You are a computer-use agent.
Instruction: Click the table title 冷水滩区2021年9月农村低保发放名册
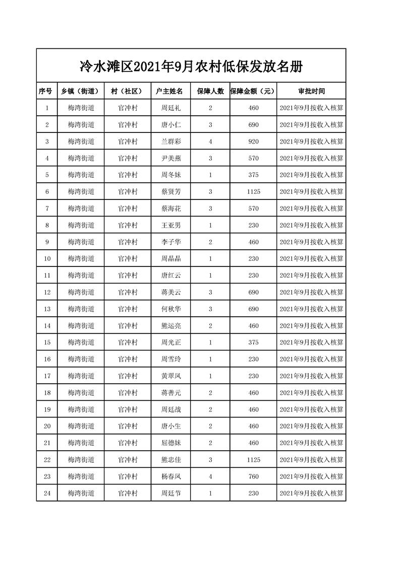tap(191, 65)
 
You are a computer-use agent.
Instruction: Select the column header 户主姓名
tap(170, 91)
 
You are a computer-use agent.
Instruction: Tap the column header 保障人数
tap(210, 91)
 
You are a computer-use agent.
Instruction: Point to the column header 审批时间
tap(311, 91)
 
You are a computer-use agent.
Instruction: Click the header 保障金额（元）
tap(253, 91)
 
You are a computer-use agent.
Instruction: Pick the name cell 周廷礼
tap(170, 108)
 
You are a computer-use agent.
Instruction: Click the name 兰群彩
tap(170, 142)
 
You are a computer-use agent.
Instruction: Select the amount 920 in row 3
tap(253, 142)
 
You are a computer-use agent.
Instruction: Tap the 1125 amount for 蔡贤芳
tap(253, 191)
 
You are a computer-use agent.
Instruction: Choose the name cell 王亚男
tap(170, 225)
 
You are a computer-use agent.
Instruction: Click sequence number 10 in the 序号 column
tap(47, 258)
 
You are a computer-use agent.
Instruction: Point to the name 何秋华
tap(170, 309)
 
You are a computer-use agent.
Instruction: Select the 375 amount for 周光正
tap(253, 342)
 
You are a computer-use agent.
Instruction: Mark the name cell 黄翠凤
tap(170, 376)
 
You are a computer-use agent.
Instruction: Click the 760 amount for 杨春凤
tap(253, 476)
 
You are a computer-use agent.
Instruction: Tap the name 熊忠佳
tap(170, 460)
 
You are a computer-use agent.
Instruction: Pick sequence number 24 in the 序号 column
tap(47, 493)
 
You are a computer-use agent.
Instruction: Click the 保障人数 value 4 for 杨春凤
tap(210, 476)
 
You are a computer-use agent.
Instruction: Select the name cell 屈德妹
tap(170, 443)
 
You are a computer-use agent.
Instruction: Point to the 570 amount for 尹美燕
tap(253, 158)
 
